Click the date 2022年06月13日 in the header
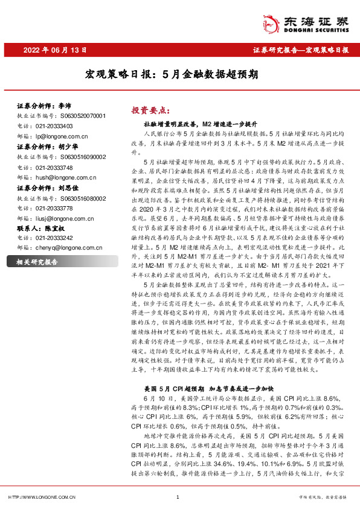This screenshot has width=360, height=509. pos(54,50)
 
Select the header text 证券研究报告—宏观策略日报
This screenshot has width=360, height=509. pos(300,50)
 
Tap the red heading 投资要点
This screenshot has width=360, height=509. pos(149,111)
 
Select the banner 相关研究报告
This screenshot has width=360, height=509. pos(37,262)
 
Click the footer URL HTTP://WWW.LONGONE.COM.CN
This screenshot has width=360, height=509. pos(42,497)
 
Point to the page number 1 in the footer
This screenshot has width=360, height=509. pos(178,497)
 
